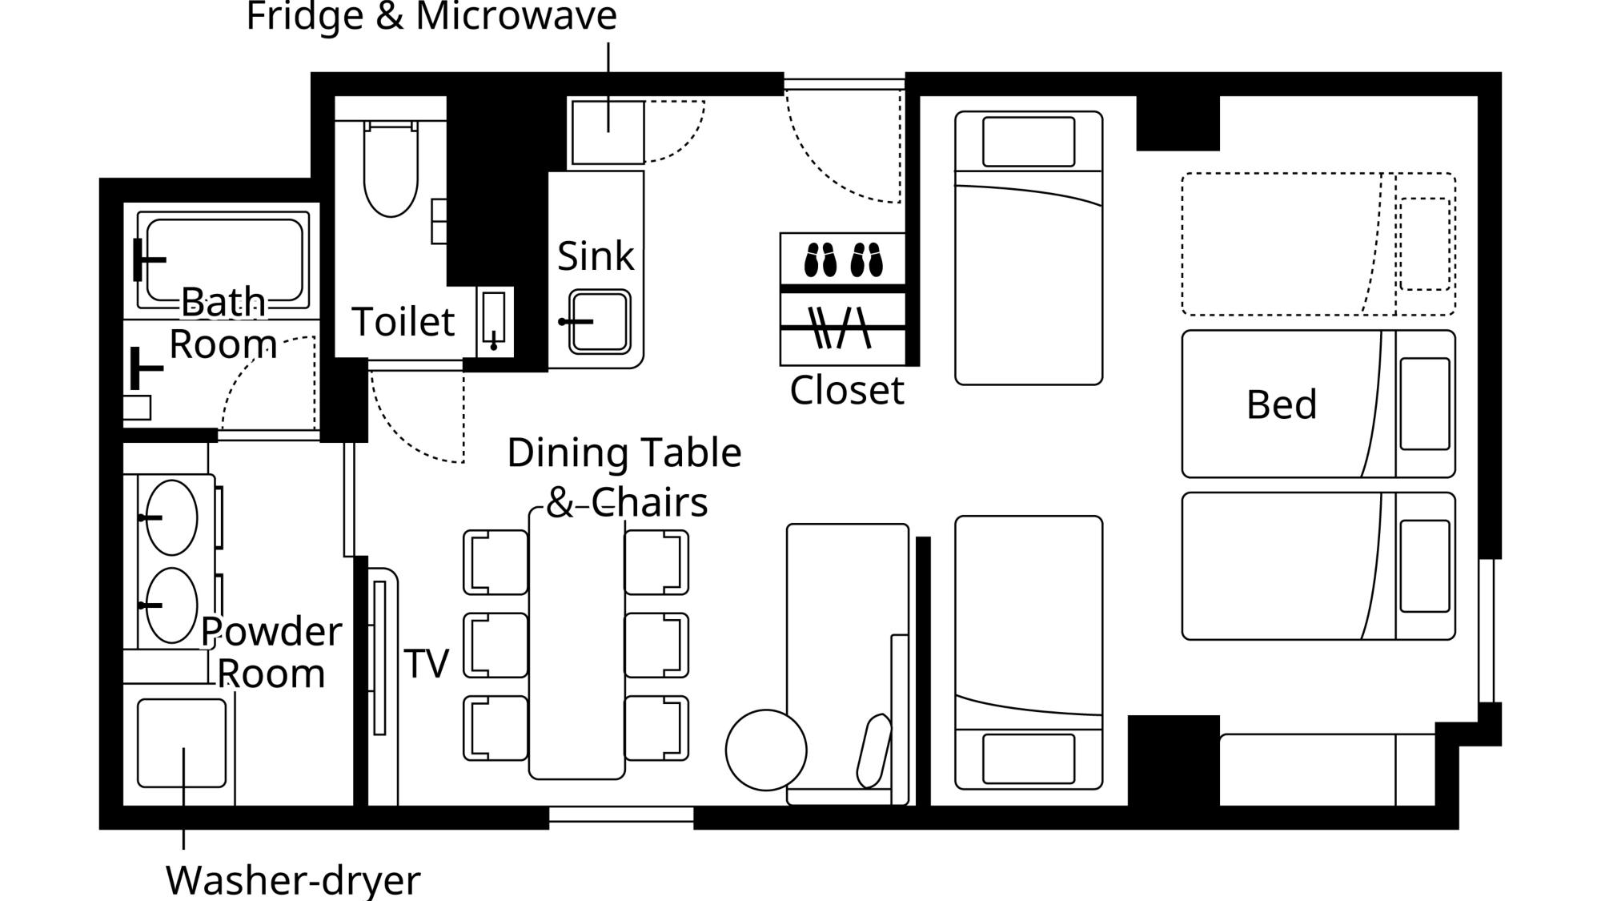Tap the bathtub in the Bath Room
(x=223, y=260)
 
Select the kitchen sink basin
(x=600, y=322)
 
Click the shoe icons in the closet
(x=843, y=260)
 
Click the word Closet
(x=847, y=391)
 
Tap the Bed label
(x=1282, y=404)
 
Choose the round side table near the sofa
(x=766, y=750)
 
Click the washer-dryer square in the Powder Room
(x=182, y=743)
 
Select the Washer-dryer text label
(x=293, y=880)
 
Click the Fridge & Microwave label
(x=431, y=17)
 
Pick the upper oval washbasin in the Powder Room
(x=172, y=517)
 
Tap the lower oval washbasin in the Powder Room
(x=172, y=605)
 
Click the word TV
(x=426, y=663)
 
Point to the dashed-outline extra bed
(x=1318, y=244)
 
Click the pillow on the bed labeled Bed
(x=1425, y=404)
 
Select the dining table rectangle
(x=576, y=643)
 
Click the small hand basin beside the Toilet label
(x=494, y=320)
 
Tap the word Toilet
(x=403, y=322)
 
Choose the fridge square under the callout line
(x=608, y=132)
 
